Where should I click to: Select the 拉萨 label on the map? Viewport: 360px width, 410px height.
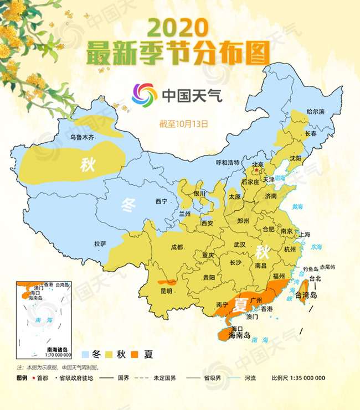click(x=100, y=243)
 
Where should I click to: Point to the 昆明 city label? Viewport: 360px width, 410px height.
click(x=166, y=290)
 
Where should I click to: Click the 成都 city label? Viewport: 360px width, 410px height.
click(x=177, y=247)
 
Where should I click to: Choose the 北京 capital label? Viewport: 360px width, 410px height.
click(x=258, y=164)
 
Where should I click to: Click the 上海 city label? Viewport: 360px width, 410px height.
click(x=304, y=234)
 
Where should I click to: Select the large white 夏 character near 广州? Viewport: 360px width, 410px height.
click(x=240, y=304)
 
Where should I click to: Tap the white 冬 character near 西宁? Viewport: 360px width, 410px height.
click(x=128, y=206)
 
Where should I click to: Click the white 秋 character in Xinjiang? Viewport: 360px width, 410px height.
click(x=88, y=164)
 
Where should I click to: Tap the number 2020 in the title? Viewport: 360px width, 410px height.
click(x=179, y=28)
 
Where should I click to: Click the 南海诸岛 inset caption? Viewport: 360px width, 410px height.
click(x=57, y=349)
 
